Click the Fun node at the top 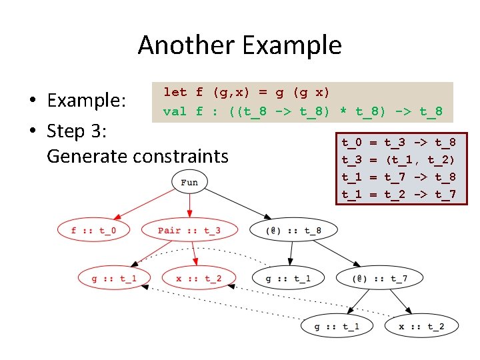click(189, 182)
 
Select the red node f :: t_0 click(93, 231)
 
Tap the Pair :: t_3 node click(189, 231)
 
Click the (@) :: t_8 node click(293, 231)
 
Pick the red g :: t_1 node click(114, 278)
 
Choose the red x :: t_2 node click(199, 278)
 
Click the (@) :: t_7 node click(381, 278)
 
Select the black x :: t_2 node click(421, 326)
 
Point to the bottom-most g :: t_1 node click(337, 326)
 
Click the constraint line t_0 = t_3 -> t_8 click(399, 143)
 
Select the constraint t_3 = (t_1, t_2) click(399, 160)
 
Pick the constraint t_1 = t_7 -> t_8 click(399, 177)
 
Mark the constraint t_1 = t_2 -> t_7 click(399, 194)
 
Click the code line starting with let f click(247, 92)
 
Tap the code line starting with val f click(303, 111)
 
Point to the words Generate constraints click(137, 156)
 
